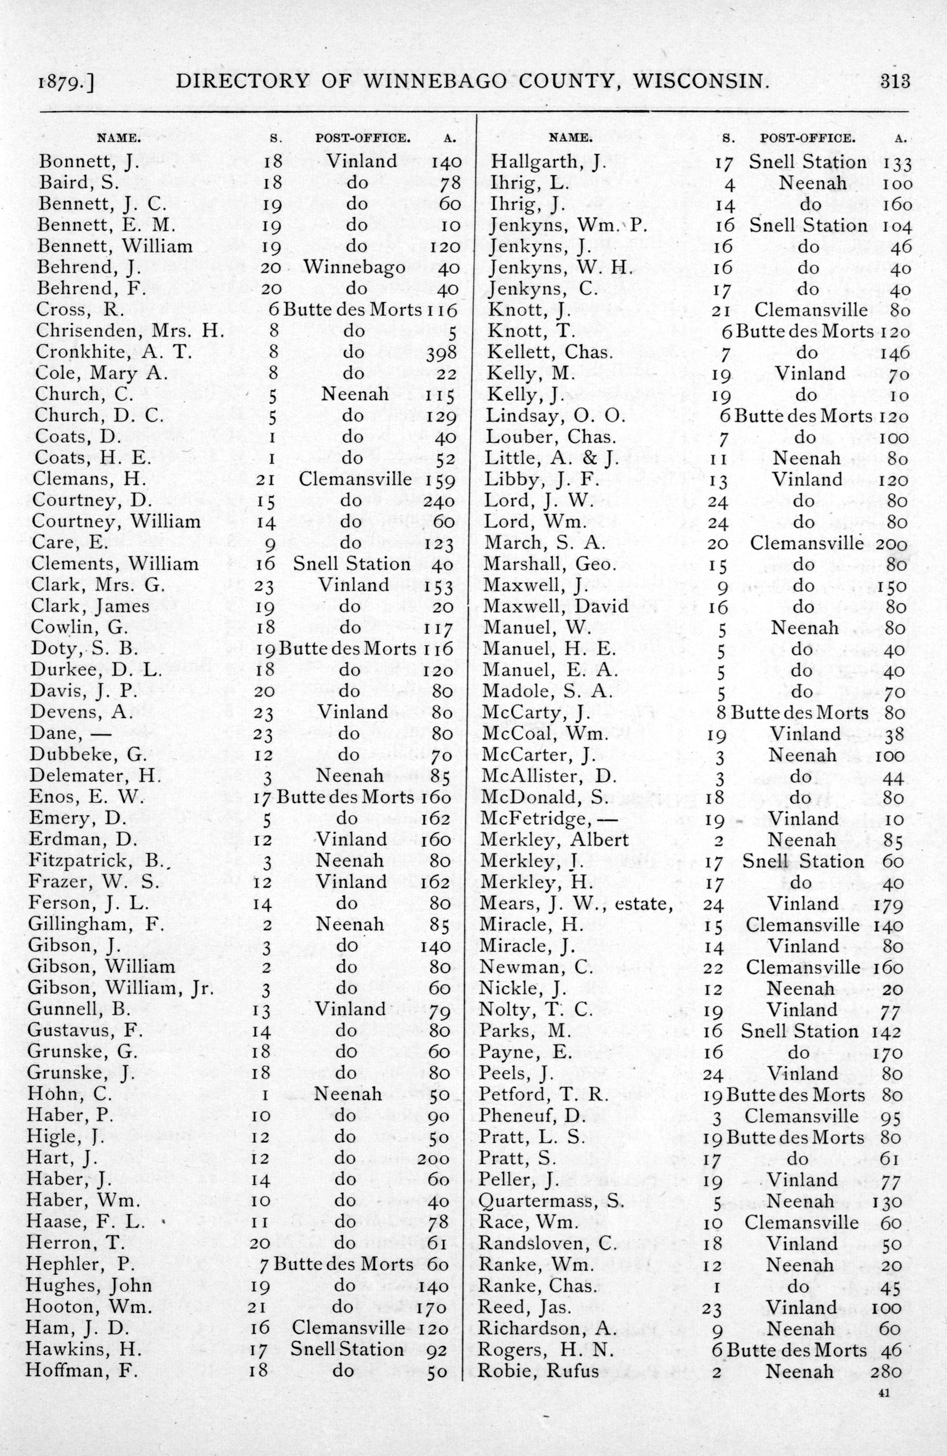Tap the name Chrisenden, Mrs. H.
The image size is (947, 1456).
(129, 330)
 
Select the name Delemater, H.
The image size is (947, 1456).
(95, 776)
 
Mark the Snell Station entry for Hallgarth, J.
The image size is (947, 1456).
(808, 162)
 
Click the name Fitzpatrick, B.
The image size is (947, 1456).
(97, 861)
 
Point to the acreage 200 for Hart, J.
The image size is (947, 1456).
(433, 1158)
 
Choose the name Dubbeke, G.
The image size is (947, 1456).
(88, 755)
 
